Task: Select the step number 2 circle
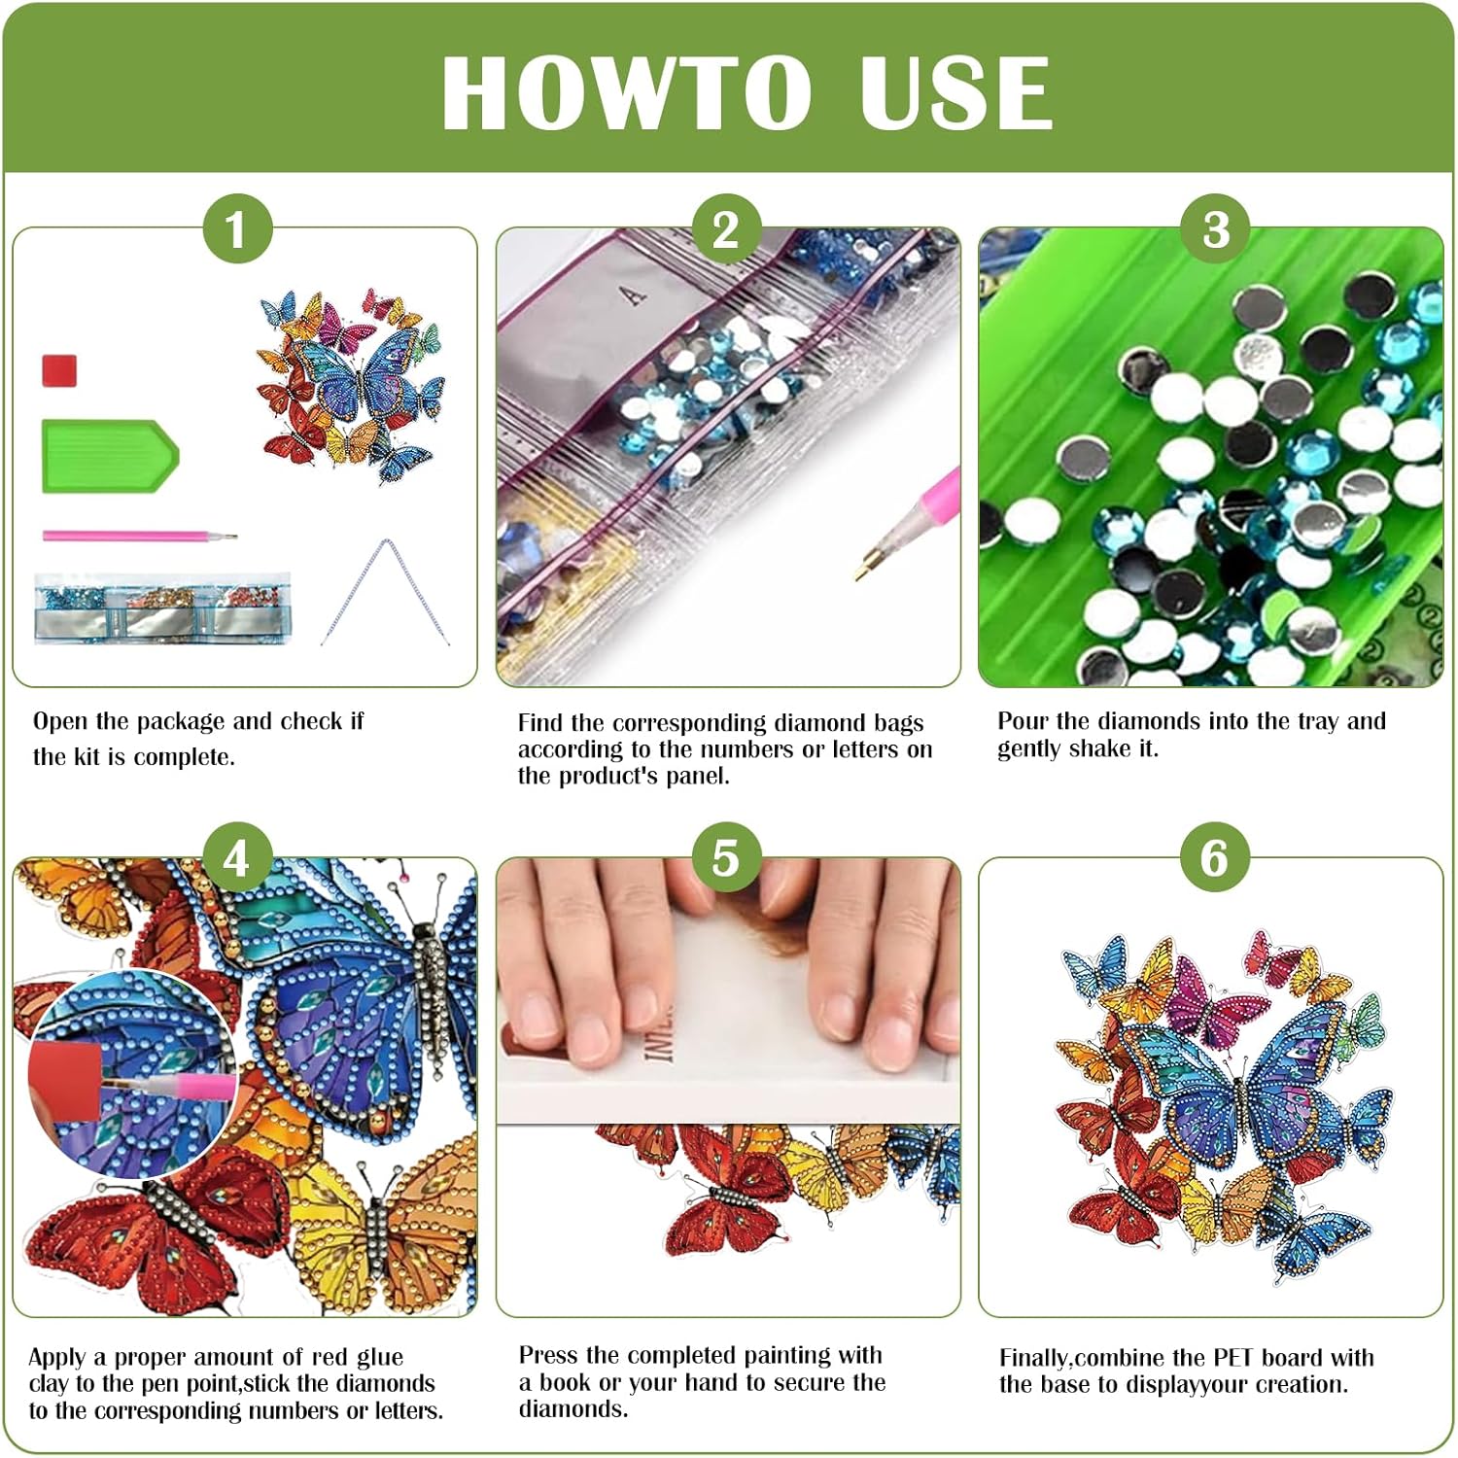click(726, 229)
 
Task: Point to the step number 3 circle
click(1215, 229)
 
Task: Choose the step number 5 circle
click(726, 858)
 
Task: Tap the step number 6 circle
click(1215, 858)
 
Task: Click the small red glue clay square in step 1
click(59, 370)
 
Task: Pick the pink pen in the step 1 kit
click(139, 535)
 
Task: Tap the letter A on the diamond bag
click(635, 294)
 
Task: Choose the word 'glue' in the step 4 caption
click(379, 1358)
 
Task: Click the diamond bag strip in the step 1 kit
click(162, 607)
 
